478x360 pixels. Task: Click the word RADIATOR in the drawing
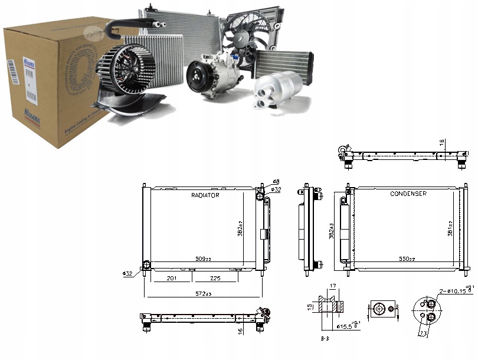pyautogui.click(x=205, y=195)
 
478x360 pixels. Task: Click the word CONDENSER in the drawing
pyautogui.click(x=408, y=194)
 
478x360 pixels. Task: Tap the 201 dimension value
pyautogui.click(x=171, y=278)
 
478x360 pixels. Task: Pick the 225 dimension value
pyautogui.click(x=217, y=278)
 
